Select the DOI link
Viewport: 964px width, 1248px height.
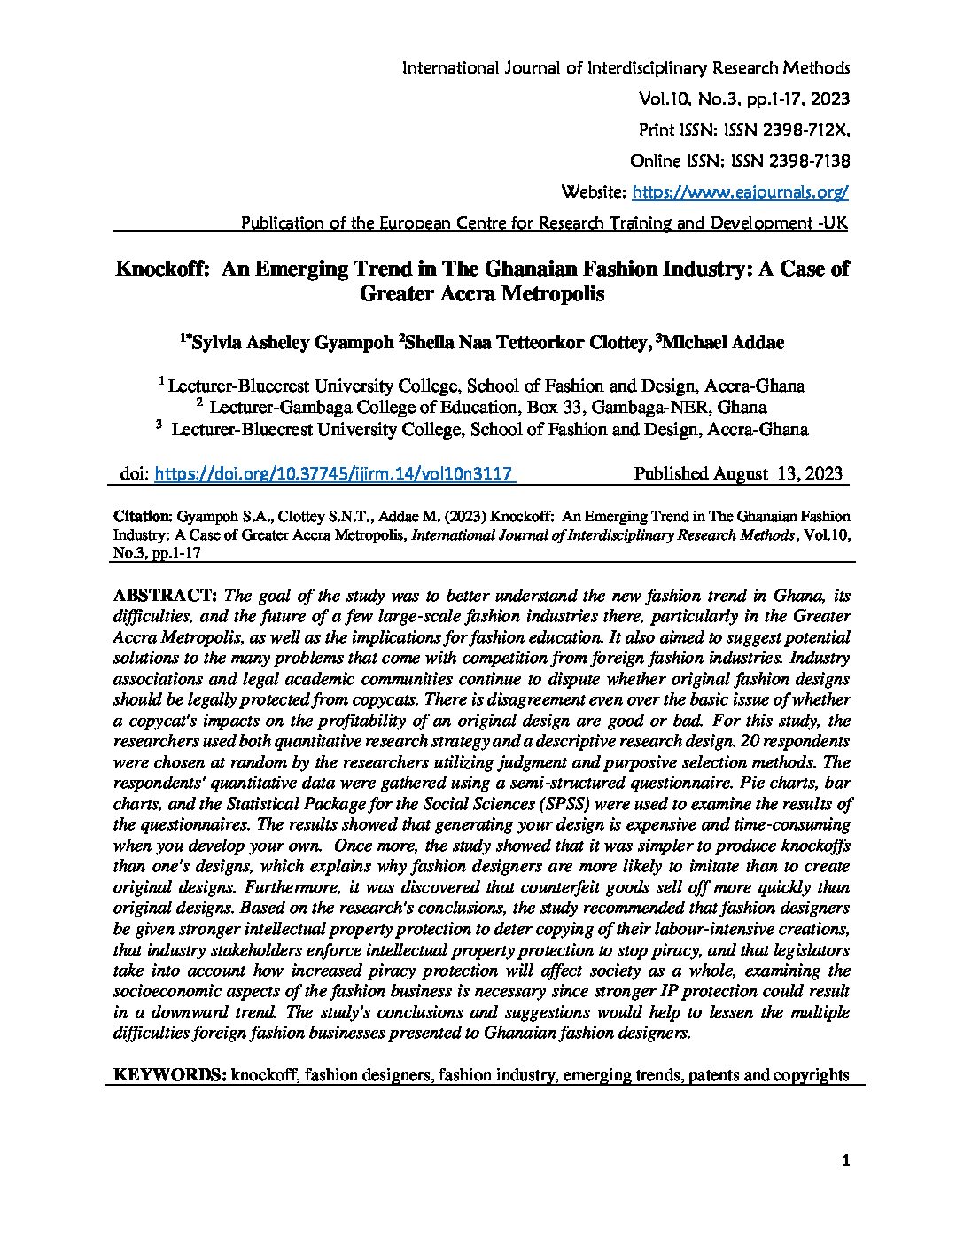[334, 474]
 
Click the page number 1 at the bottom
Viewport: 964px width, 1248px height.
[846, 1161]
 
